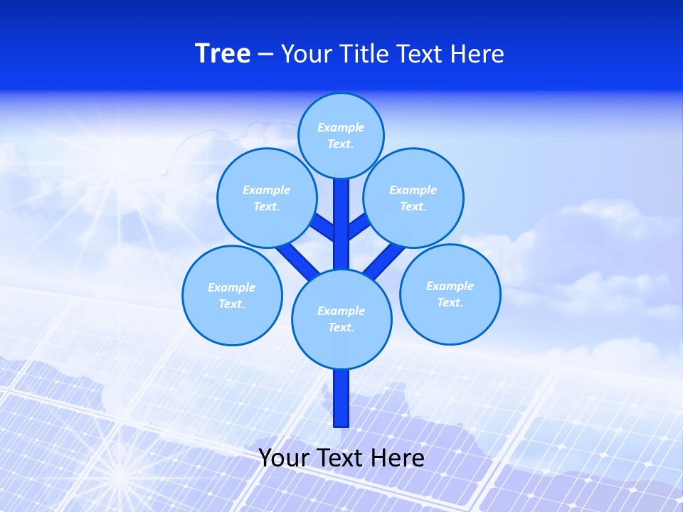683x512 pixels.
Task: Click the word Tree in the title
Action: (223, 53)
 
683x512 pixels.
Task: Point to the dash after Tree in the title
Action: (265, 54)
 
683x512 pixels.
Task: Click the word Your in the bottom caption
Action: (283, 458)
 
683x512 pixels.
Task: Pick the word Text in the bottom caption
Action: (341, 458)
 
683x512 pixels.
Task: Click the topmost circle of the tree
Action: (341, 135)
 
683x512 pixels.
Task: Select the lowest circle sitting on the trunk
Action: (341, 319)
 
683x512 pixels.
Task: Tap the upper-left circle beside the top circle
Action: (267, 198)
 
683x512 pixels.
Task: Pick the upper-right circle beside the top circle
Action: (413, 198)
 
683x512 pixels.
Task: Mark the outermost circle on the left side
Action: (232, 295)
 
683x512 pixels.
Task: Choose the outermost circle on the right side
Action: (450, 294)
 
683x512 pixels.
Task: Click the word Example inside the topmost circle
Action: (341, 127)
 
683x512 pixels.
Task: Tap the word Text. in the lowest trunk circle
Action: (341, 328)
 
